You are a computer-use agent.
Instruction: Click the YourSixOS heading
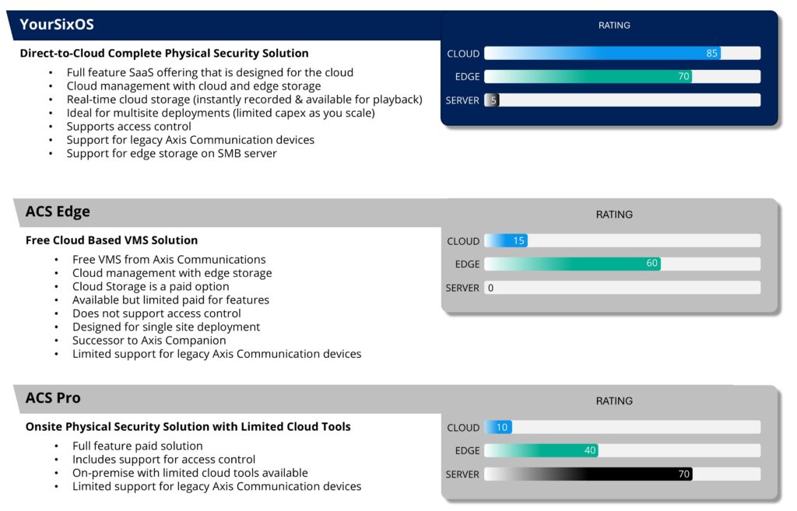(x=57, y=25)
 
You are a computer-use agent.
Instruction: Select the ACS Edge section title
(x=58, y=212)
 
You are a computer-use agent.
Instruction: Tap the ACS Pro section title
(x=53, y=398)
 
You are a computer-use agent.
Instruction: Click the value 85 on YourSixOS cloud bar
(x=711, y=54)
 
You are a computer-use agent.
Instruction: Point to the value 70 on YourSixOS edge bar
(x=683, y=77)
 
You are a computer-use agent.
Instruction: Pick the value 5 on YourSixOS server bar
(x=493, y=100)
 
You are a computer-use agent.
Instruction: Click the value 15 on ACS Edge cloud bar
(x=518, y=241)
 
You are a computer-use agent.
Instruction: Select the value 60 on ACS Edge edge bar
(x=652, y=264)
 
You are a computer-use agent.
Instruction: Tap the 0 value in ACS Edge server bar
(x=490, y=288)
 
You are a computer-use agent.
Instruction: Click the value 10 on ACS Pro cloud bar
(x=502, y=428)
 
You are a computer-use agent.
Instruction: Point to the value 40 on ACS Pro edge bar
(x=590, y=450)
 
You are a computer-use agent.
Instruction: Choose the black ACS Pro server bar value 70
(x=683, y=474)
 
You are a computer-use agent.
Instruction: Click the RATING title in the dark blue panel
(x=614, y=26)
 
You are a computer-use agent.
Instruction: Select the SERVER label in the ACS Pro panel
(x=462, y=474)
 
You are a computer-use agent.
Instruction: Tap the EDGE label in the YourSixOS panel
(x=467, y=77)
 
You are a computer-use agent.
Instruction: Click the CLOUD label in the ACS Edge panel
(x=463, y=241)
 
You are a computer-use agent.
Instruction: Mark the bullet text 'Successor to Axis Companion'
(x=149, y=340)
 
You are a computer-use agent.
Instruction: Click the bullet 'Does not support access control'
(x=156, y=313)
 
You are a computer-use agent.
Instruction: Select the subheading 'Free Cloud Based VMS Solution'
(x=111, y=240)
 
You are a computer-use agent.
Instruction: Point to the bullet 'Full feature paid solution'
(x=137, y=446)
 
